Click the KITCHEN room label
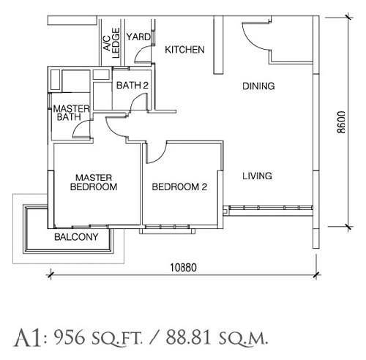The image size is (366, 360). [x=184, y=50]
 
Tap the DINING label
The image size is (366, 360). [x=258, y=86]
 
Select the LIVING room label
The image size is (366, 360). [x=257, y=176]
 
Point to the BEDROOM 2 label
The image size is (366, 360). [x=179, y=187]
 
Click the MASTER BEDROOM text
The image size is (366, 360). [x=94, y=182]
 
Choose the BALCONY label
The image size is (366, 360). [x=76, y=237]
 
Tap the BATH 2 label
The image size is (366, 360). [x=132, y=86]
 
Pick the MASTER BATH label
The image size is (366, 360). [x=71, y=113]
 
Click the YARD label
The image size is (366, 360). [x=138, y=37]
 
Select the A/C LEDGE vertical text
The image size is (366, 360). [x=111, y=43]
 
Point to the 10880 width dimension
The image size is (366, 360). [x=183, y=268]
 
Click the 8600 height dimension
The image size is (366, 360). [x=341, y=122]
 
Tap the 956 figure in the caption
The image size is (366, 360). [x=70, y=338]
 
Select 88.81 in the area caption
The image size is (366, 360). [x=188, y=338]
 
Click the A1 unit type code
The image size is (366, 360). [x=28, y=338]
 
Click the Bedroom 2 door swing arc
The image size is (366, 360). [x=160, y=156]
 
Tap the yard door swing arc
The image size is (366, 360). [x=140, y=52]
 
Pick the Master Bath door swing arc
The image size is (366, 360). [x=78, y=127]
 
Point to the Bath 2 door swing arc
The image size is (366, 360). [x=135, y=100]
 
